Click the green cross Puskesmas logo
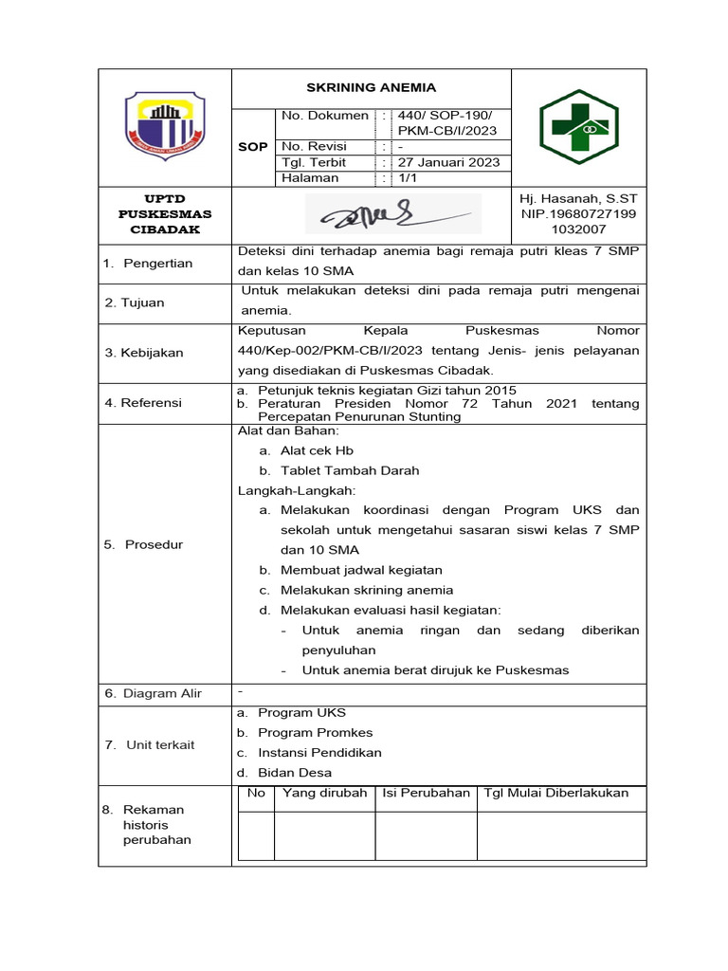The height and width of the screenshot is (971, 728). [x=578, y=127]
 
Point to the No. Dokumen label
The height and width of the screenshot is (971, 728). [x=324, y=116]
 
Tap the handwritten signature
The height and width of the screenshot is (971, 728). [x=392, y=216]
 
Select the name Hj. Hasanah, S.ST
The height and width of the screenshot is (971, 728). [x=578, y=199]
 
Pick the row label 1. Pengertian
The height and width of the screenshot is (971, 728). [x=148, y=263]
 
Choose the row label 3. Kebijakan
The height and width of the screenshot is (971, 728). [x=144, y=353]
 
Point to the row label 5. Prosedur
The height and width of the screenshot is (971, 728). [x=144, y=544]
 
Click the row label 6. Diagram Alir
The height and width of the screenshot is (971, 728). [x=153, y=693]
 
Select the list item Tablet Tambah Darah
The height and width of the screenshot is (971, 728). [x=349, y=470]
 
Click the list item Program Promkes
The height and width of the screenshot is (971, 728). [x=315, y=732]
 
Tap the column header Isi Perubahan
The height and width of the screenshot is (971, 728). [x=426, y=793]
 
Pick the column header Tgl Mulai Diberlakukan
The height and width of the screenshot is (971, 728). [x=555, y=793]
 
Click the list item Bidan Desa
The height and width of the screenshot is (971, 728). [x=295, y=772]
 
